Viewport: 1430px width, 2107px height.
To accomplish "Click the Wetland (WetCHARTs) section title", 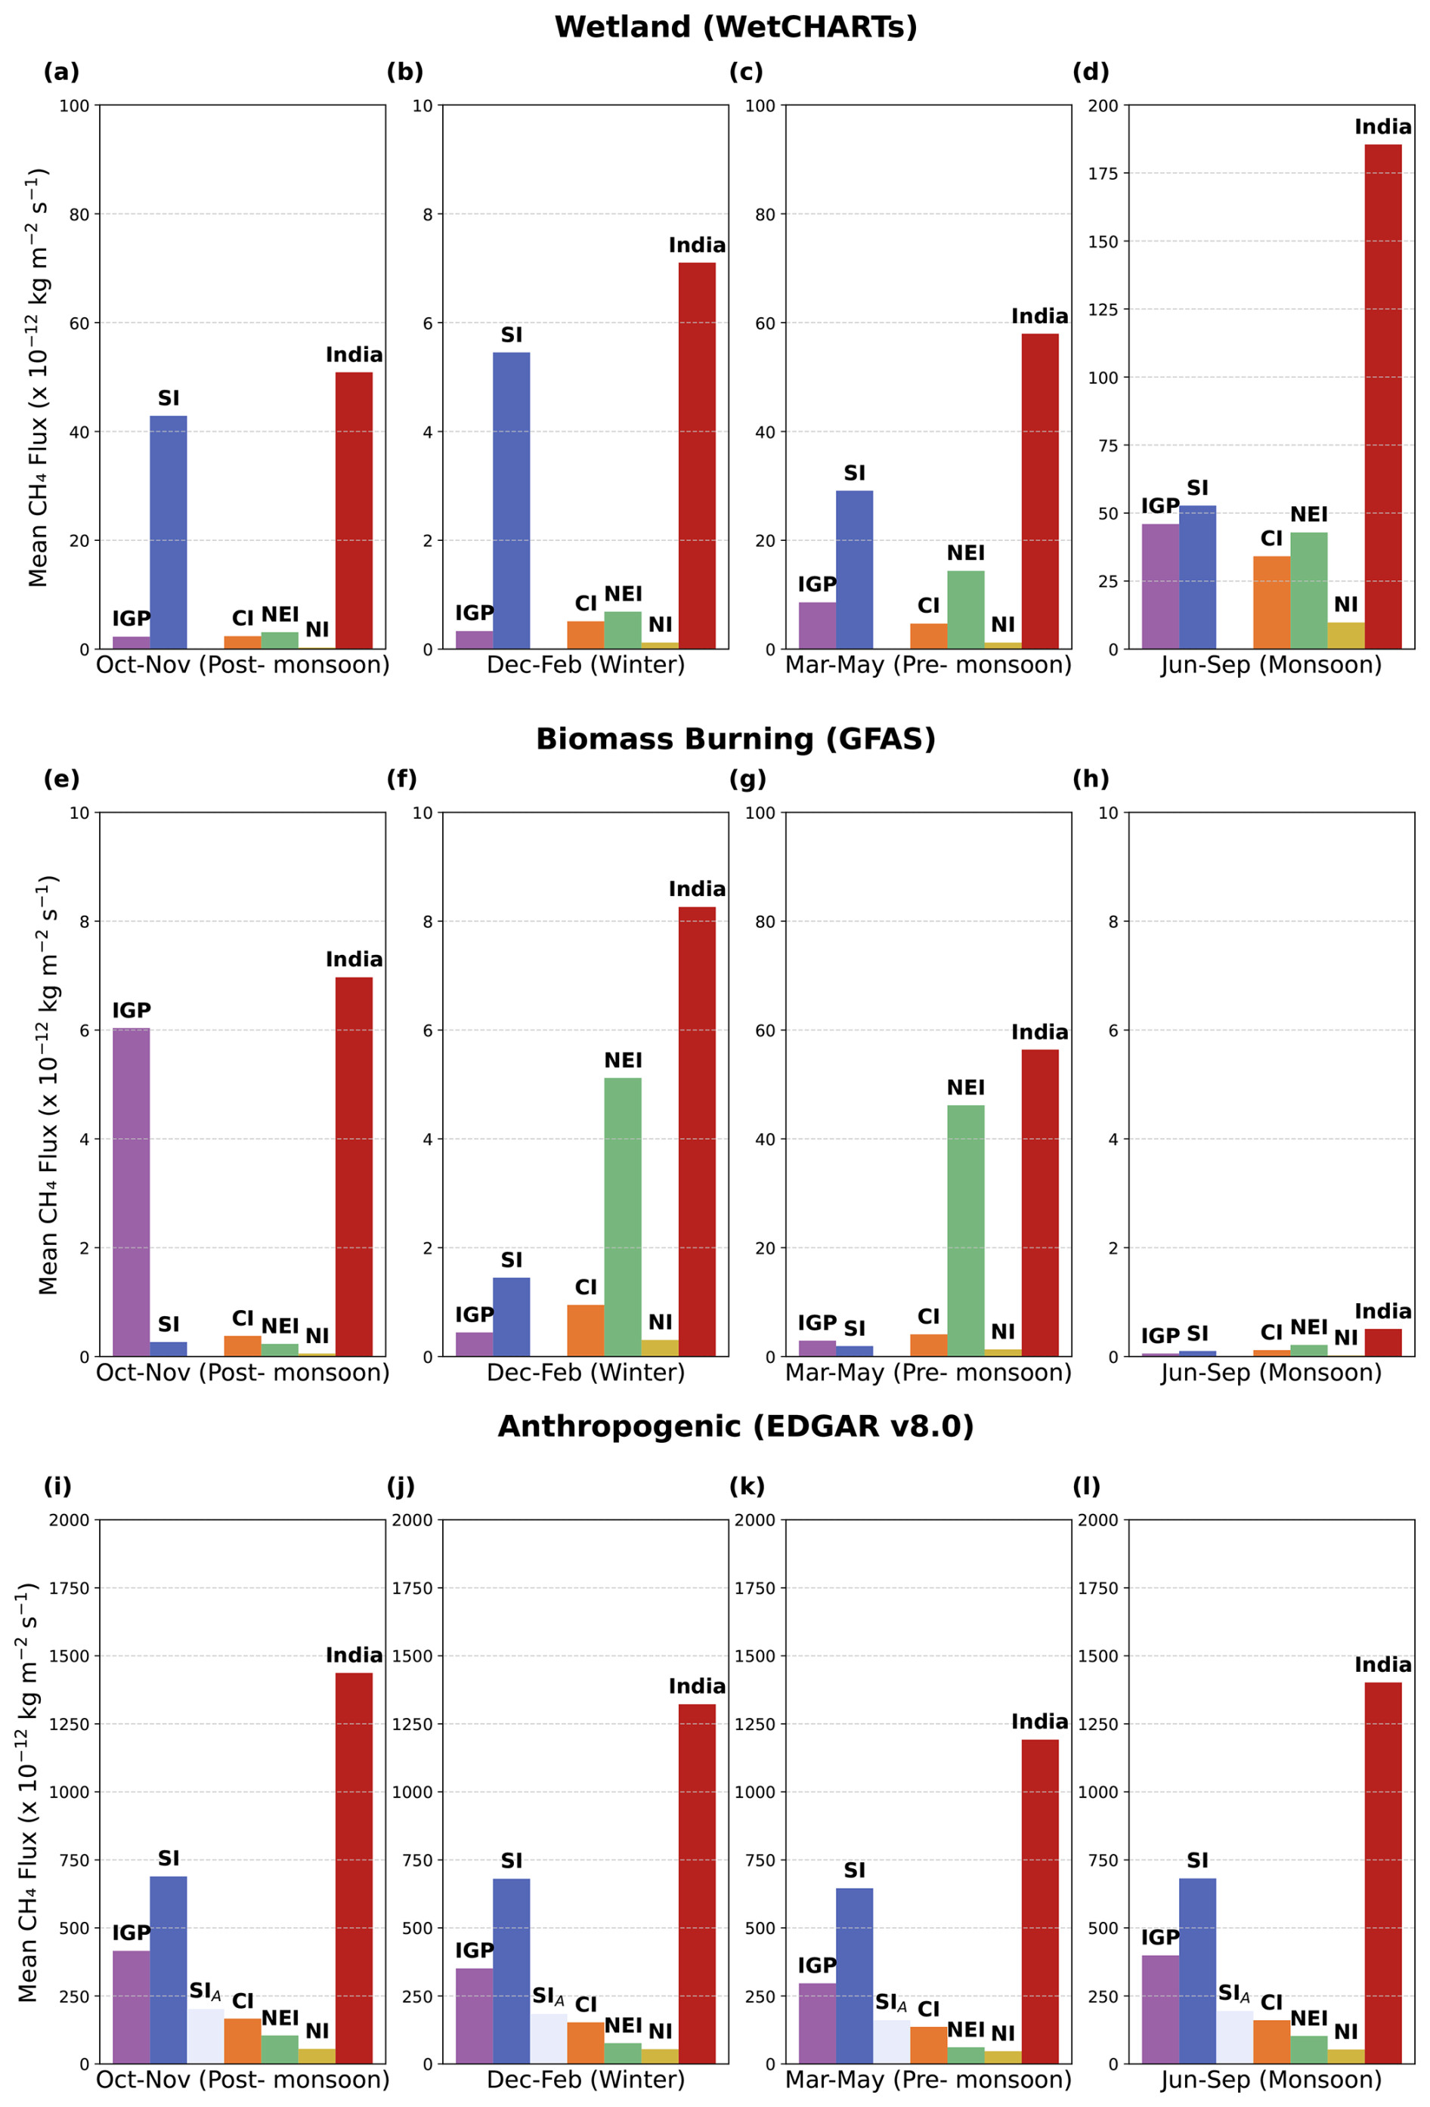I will pyautogui.click(x=735, y=27).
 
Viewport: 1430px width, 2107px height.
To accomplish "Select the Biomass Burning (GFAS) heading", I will pyautogui.click(x=735, y=739).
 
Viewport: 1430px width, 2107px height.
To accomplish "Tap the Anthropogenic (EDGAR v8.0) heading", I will pyautogui.click(x=735, y=1426).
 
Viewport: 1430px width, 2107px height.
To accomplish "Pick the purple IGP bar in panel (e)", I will pyautogui.click(x=132, y=1191).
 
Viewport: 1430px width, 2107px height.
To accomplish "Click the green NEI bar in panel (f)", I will pyautogui.click(x=623, y=1216).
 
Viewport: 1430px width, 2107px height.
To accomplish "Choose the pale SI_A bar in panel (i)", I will pyautogui.click(x=206, y=2035).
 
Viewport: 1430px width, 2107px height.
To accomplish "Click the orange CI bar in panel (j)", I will pyautogui.click(x=586, y=2042).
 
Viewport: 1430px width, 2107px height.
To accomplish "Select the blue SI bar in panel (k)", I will pyautogui.click(x=854, y=1976).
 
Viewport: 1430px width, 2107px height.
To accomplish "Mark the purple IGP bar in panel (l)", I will pyautogui.click(x=1159, y=2008).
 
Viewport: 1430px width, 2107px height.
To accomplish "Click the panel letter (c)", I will pyautogui.click(x=746, y=72).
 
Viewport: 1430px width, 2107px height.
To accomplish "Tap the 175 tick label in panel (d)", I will pyautogui.click(x=1103, y=173).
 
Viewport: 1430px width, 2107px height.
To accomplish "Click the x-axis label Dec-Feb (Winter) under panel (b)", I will pyautogui.click(x=586, y=665).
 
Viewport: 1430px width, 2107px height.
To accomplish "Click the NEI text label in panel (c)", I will pyautogui.click(x=966, y=553).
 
